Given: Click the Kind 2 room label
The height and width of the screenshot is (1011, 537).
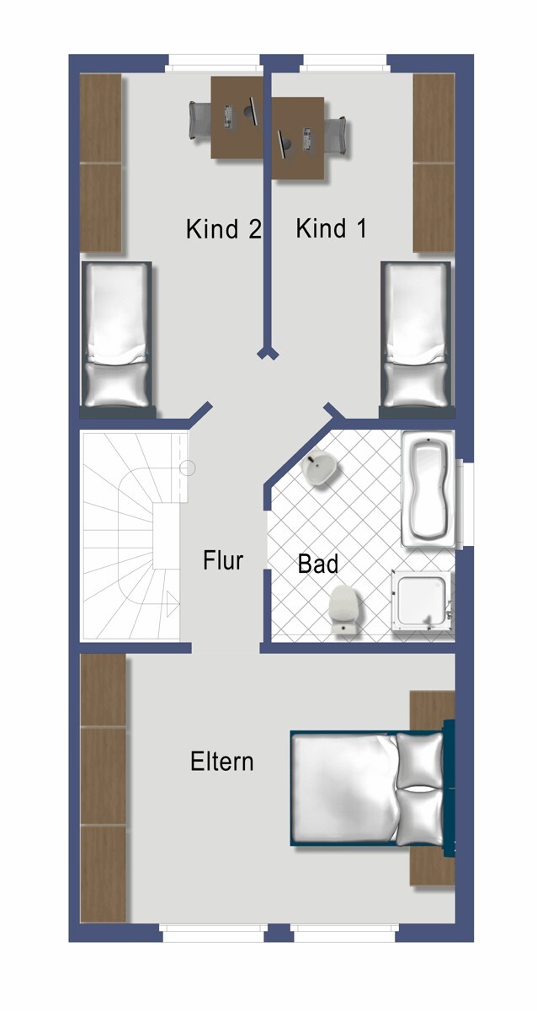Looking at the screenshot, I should point(223,229).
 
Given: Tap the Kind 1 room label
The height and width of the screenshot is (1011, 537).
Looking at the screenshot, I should point(331,229).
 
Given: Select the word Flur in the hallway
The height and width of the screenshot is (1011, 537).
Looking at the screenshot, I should point(223,560).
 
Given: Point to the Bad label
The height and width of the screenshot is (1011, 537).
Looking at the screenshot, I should point(317,564).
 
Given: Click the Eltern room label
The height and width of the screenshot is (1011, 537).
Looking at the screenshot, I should point(221,762).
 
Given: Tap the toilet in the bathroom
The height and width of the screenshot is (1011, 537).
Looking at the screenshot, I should point(343,608).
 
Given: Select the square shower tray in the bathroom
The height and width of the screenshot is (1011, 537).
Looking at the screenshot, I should point(423,600).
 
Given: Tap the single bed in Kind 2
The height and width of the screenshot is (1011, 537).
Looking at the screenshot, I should point(119,337).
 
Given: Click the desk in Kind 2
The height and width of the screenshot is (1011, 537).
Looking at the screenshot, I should point(237,118).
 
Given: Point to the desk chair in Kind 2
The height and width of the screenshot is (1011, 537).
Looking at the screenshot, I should point(200,120).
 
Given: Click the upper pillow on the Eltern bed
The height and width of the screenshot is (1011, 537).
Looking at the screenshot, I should point(419,758).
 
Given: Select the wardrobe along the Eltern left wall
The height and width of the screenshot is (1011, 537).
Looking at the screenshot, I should point(103,788).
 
